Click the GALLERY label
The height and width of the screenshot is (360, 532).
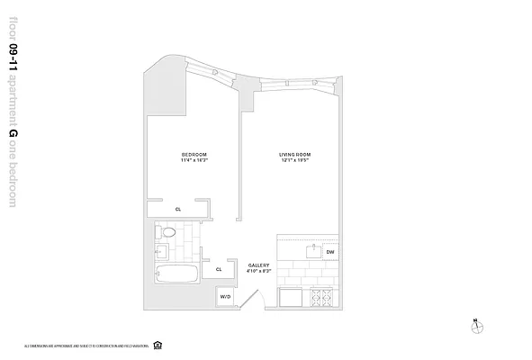tap(258, 265)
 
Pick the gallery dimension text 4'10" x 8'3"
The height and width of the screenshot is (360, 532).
tap(258, 271)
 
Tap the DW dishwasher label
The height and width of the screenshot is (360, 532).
tap(329, 252)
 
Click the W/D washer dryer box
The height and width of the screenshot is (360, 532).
tap(225, 296)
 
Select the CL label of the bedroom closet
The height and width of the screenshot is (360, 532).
tap(178, 209)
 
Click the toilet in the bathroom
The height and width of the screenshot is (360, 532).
tap(165, 233)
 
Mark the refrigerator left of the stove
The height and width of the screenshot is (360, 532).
tap(293, 297)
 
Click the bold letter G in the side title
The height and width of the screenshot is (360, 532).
tap(12, 135)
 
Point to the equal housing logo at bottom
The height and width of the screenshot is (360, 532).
tap(158, 344)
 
